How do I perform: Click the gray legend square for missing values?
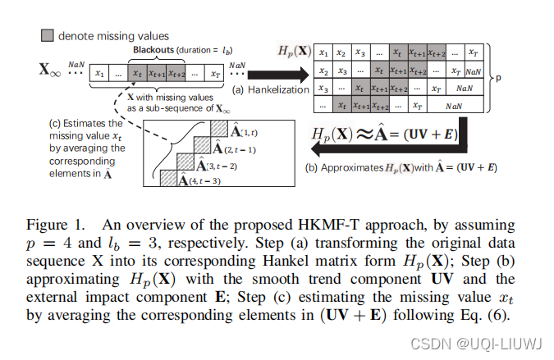tap(48, 35)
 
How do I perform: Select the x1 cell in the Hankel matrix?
tap(324, 52)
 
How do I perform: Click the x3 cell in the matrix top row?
tap(362, 52)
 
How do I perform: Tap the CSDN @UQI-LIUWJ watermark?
tap(492, 343)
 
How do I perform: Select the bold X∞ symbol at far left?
tap(48, 72)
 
